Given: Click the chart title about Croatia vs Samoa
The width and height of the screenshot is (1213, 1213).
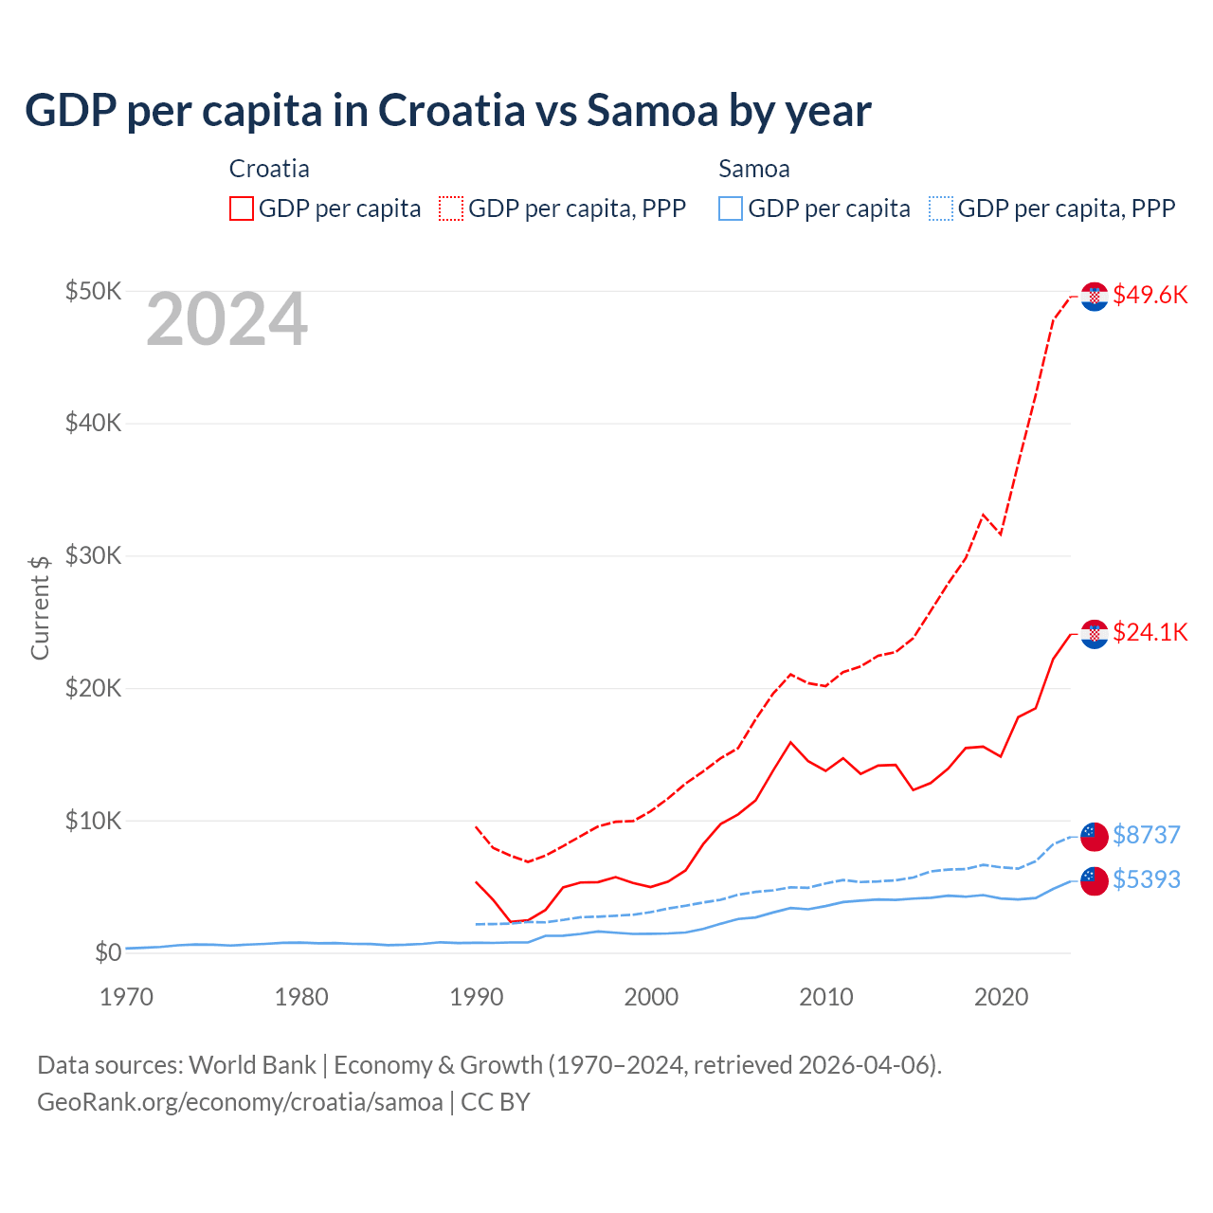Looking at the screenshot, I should [447, 111].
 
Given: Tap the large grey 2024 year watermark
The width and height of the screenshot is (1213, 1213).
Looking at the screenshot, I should [226, 320].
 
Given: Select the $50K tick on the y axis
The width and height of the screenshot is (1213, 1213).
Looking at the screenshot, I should [93, 291].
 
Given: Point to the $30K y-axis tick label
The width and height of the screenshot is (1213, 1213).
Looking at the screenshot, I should [93, 555].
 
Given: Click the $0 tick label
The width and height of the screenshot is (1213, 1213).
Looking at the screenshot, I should [108, 952].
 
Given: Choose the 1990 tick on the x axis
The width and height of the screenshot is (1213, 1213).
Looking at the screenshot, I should [476, 997].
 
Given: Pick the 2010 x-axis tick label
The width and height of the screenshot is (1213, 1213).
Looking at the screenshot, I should [826, 997].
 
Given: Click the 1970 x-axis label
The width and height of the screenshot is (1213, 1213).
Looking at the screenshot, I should [126, 997].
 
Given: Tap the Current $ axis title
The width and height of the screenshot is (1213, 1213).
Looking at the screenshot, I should [40, 607].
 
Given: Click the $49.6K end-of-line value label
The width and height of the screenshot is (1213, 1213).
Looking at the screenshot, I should [1150, 295].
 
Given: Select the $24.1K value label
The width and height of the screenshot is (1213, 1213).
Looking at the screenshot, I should [1150, 632].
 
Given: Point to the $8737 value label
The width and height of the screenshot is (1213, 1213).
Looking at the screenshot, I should [1146, 835].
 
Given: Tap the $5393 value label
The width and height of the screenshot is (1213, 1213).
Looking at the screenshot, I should [1146, 879].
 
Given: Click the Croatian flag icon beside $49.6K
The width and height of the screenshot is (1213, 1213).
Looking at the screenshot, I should [1095, 297].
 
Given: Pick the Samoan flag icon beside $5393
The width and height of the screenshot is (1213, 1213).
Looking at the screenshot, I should [1095, 880].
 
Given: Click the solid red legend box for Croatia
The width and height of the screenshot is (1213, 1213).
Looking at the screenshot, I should [242, 208].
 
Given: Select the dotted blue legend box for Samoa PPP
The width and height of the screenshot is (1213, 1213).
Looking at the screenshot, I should [941, 208].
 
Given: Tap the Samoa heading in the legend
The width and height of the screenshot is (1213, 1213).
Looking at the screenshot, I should [753, 169].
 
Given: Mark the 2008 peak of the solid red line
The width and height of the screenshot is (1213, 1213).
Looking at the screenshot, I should [790, 742].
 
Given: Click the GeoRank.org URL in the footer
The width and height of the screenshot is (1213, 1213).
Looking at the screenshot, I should [240, 1102].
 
